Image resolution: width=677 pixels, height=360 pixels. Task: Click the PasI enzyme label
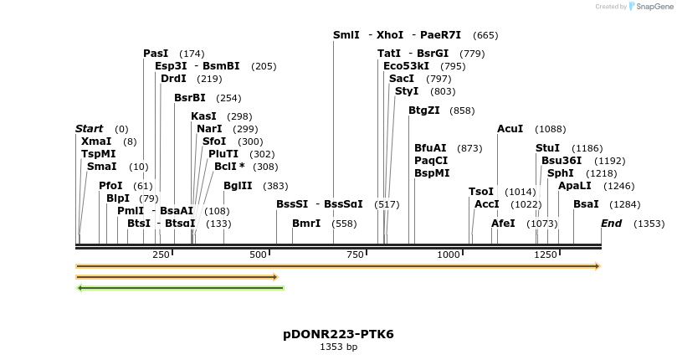(x=156, y=54)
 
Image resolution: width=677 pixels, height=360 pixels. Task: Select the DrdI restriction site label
(x=173, y=79)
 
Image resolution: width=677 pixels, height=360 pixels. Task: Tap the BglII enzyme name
(x=238, y=186)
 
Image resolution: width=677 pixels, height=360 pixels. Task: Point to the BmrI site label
(x=306, y=224)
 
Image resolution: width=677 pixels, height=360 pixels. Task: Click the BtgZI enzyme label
(x=429, y=111)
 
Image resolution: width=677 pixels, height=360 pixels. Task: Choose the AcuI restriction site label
(x=510, y=129)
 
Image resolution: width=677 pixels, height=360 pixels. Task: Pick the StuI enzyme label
(x=548, y=148)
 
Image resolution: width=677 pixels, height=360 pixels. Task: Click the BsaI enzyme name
(x=586, y=204)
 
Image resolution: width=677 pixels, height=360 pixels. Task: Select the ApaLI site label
(x=574, y=186)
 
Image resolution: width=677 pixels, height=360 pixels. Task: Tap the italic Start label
(x=90, y=129)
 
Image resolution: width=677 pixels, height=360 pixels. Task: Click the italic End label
(x=612, y=224)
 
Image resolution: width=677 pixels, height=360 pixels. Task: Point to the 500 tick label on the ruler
(x=258, y=255)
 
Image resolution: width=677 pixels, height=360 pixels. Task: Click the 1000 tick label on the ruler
(x=449, y=255)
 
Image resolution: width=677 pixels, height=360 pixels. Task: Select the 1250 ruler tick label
(x=546, y=255)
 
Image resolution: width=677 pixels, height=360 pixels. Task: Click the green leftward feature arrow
(x=180, y=288)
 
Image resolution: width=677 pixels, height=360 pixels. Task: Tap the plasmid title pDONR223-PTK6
(x=338, y=334)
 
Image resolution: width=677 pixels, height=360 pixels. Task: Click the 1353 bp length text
(x=338, y=347)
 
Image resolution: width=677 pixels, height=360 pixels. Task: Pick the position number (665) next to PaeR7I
(x=485, y=35)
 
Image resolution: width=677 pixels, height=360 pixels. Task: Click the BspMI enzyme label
(x=432, y=173)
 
